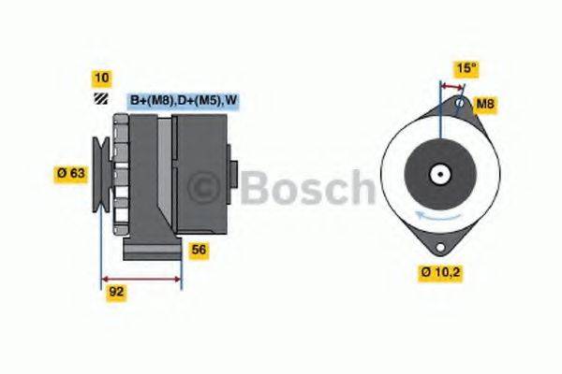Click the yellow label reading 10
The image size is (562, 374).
tap(101, 78)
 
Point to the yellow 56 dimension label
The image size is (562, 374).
tap(198, 250)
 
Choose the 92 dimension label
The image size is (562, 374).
tap(116, 291)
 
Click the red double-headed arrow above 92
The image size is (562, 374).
tap(141, 278)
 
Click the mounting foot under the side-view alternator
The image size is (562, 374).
tap(150, 250)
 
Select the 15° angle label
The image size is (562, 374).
tap(465, 68)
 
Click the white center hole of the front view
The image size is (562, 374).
tap(438, 173)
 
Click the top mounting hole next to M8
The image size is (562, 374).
tap(459, 103)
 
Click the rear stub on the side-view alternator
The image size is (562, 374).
tap(235, 174)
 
